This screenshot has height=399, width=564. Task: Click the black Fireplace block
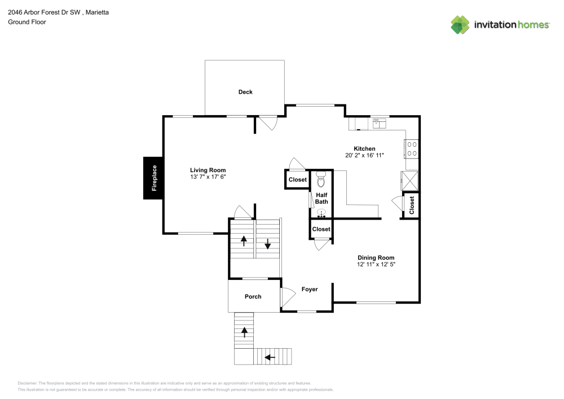tap(153, 178)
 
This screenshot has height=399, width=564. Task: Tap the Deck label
tap(245, 92)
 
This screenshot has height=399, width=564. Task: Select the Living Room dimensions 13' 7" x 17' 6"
tap(208, 177)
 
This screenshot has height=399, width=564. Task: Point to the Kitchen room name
tap(364, 148)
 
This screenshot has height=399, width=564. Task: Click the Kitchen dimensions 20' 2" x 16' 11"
tap(364, 155)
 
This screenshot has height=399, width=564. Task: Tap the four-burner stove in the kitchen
tap(412, 148)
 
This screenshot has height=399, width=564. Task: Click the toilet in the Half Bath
tap(321, 180)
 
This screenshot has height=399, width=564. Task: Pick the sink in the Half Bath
tap(321, 213)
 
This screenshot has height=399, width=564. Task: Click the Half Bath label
tap(321, 198)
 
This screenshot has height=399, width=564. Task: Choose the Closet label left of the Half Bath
tap(298, 180)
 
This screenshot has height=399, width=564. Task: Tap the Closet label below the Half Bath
tap(321, 229)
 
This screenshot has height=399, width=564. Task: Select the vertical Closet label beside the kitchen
tap(412, 205)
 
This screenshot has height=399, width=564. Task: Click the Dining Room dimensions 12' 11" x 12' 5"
tap(376, 264)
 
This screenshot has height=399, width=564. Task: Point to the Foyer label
tap(309, 289)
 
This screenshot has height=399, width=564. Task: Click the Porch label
tap(253, 296)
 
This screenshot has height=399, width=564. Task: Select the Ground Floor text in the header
tap(27, 22)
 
